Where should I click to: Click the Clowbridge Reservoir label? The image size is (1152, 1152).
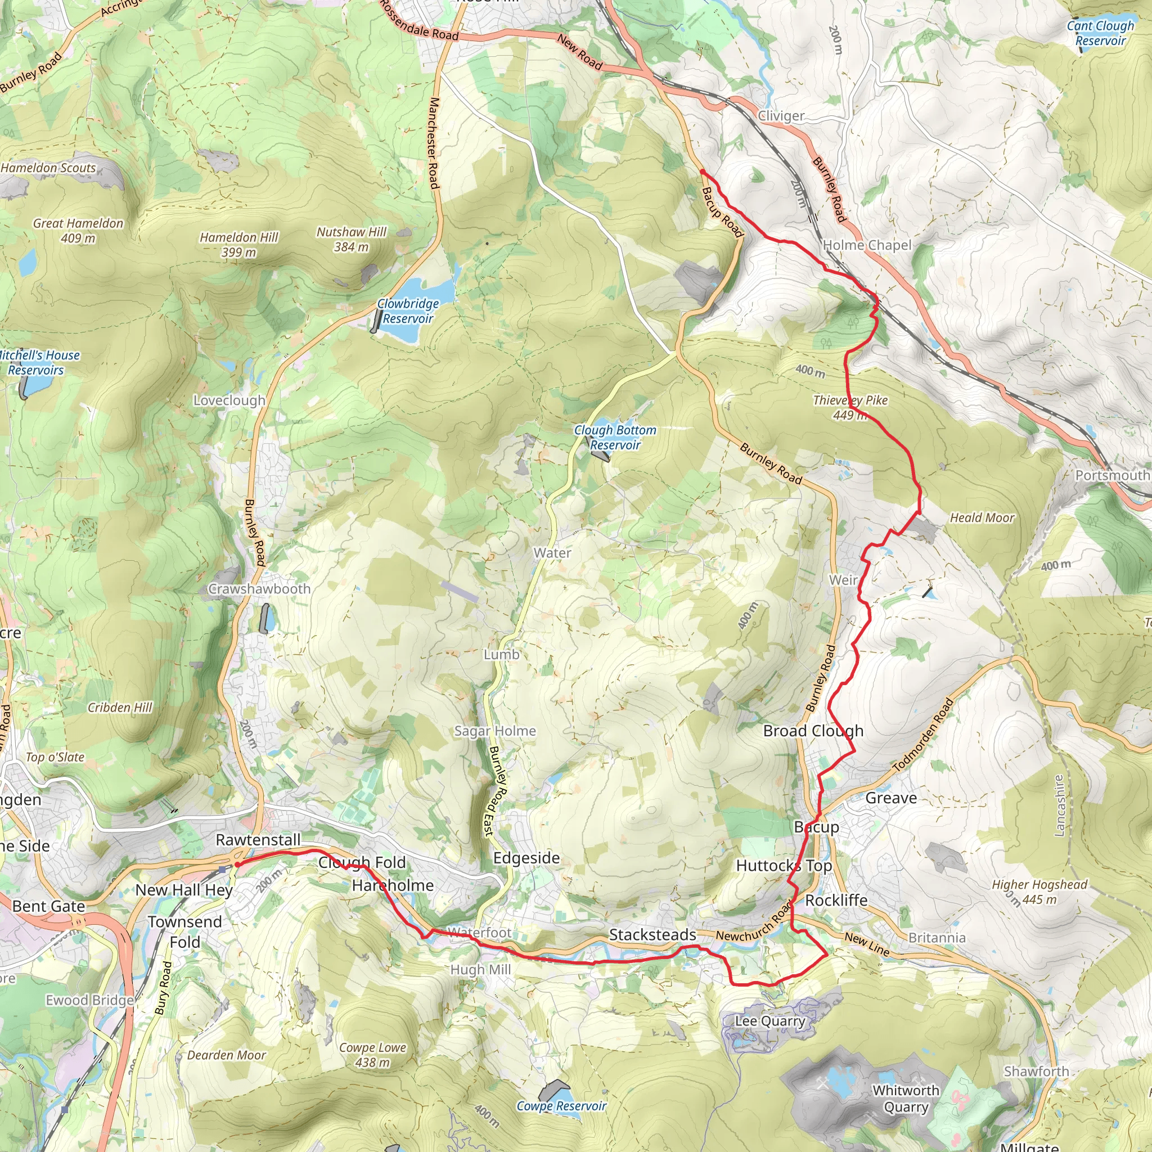tap(408, 311)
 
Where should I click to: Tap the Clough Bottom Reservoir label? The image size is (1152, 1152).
tap(615, 437)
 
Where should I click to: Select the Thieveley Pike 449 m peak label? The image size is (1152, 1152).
tap(850, 407)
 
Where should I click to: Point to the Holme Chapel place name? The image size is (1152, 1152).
tap(867, 245)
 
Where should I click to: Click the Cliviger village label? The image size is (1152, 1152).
tap(781, 116)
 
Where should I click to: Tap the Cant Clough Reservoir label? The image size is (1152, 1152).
tap(1100, 33)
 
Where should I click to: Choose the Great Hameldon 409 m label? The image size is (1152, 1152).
tap(78, 230)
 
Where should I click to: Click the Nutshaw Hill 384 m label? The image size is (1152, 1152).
tap(351, 239)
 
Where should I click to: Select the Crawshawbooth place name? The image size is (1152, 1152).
tap(259, 588)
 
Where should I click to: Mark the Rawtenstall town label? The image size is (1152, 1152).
tap(258, 840)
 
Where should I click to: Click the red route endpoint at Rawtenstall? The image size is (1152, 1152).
tap(237, 864)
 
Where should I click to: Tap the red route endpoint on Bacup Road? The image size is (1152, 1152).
tap(703, 172)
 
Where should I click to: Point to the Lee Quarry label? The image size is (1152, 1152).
tap(770, 1021)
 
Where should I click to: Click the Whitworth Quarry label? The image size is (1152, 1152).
tap(906, 1099)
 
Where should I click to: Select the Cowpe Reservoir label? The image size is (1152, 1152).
tap(561, 1106)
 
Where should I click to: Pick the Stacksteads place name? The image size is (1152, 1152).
tap(652, 935)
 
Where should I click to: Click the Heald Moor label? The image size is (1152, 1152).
tap(982, 517)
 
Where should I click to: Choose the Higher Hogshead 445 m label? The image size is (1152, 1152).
tap(1039, 892)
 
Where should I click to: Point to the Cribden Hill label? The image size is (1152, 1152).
tap(120, 707)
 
